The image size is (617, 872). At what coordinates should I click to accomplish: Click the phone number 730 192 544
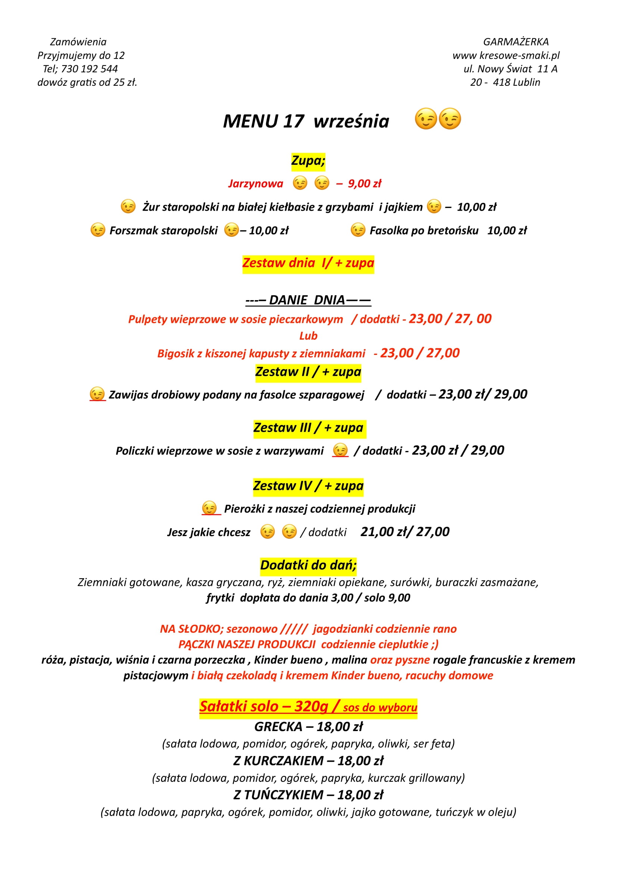[x=89, y=69]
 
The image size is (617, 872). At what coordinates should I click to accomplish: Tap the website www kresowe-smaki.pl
[x=506, y=56]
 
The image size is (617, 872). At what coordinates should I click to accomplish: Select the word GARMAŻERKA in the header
[x=515, y=42]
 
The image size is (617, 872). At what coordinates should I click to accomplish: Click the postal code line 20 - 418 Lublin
[x=505, y=82]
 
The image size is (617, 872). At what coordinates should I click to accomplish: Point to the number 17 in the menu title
[x=293, y=122]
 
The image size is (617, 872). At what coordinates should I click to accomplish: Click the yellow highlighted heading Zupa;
[x=308, y=161]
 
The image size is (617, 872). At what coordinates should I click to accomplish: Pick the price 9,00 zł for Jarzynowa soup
[x=364, y=184]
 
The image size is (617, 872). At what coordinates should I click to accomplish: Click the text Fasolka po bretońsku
[x=424, y=230]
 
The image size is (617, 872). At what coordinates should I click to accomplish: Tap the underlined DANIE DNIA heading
[x=308, y=300]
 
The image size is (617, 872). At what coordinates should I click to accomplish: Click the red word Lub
[x=308, y=336]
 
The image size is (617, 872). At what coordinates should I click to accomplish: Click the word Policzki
[x=135, y=451]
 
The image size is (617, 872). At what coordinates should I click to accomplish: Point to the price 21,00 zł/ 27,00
[x=405, y=532]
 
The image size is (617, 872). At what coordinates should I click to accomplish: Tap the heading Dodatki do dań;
[x=308, y=565]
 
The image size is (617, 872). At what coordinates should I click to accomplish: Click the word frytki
[x=220, y=598]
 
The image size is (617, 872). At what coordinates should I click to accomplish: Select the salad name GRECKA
[x=278, y=727]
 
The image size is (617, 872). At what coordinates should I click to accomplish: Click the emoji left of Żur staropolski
[x=128, y=207]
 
